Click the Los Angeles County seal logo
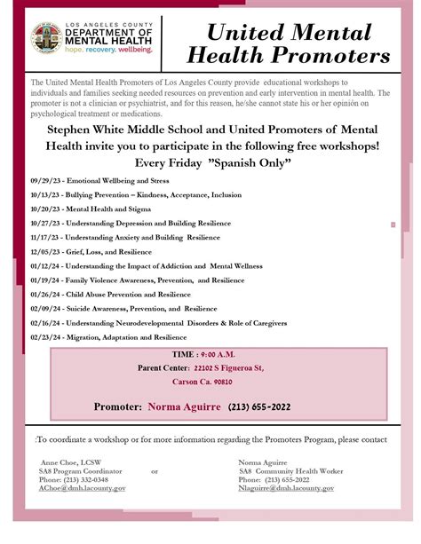46,37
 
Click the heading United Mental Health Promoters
286,47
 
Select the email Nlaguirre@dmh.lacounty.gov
286,488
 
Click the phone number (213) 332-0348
88,479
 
